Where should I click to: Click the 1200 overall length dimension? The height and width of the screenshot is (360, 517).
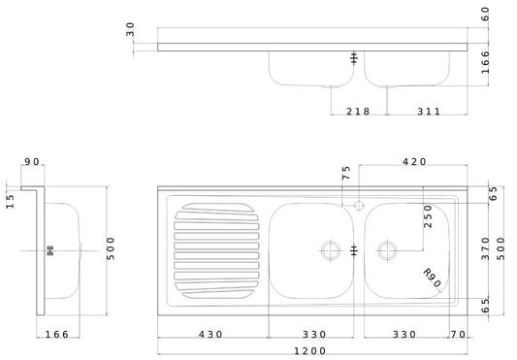309,351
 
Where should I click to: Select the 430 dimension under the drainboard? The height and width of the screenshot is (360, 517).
211,335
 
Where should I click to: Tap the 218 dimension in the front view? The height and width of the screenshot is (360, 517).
360,112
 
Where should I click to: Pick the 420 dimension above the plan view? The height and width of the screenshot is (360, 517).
414,162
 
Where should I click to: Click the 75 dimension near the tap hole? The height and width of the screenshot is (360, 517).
345,175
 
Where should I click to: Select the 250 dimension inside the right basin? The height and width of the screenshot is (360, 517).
427,215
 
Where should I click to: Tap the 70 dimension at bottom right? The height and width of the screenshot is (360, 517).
458,335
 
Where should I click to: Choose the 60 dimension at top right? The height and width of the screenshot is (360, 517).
485,13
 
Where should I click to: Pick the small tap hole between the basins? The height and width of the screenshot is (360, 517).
360,206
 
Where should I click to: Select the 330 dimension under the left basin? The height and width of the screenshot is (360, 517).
310,335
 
